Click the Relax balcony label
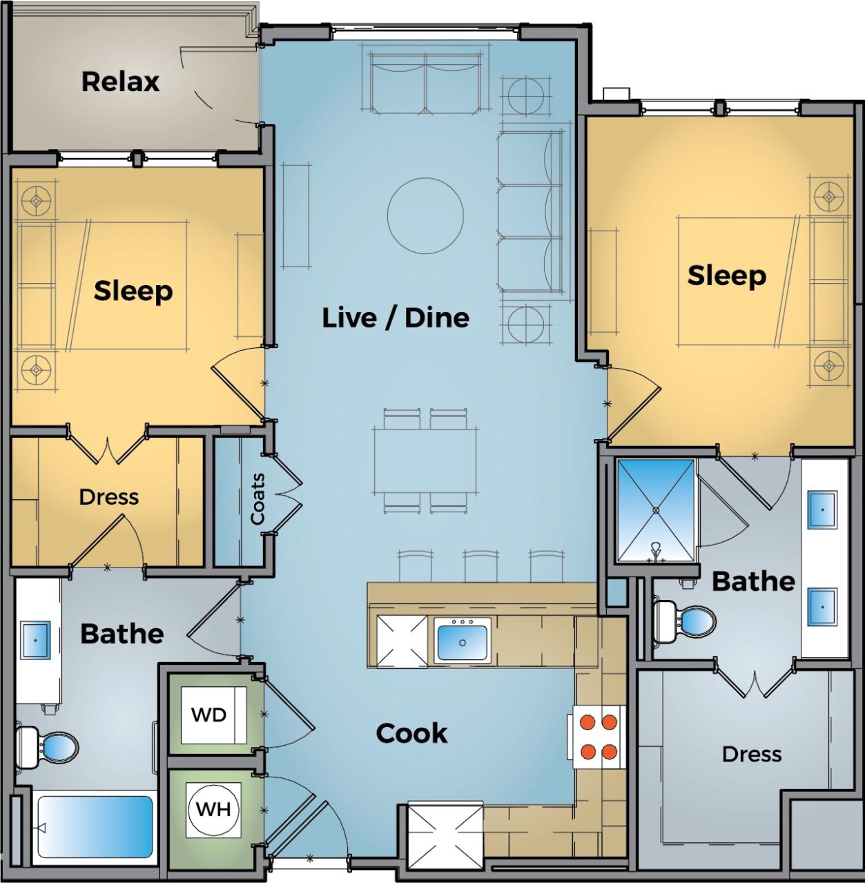[x=121, y=81]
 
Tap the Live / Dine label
[x=396, y=318]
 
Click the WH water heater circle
[x=214, y=808]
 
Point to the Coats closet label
[x=257, y=498]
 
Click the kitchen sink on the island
[x=462, y=641]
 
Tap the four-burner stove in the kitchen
[x=598, y=737]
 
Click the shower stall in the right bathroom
[x=654, y=510]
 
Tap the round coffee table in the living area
[x=425, y=216]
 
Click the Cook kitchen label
[x=411, y=733]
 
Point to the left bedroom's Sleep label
[x=133, y=291]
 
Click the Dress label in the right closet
[x=751, y=754]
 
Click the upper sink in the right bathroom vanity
[x=822, y=510]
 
